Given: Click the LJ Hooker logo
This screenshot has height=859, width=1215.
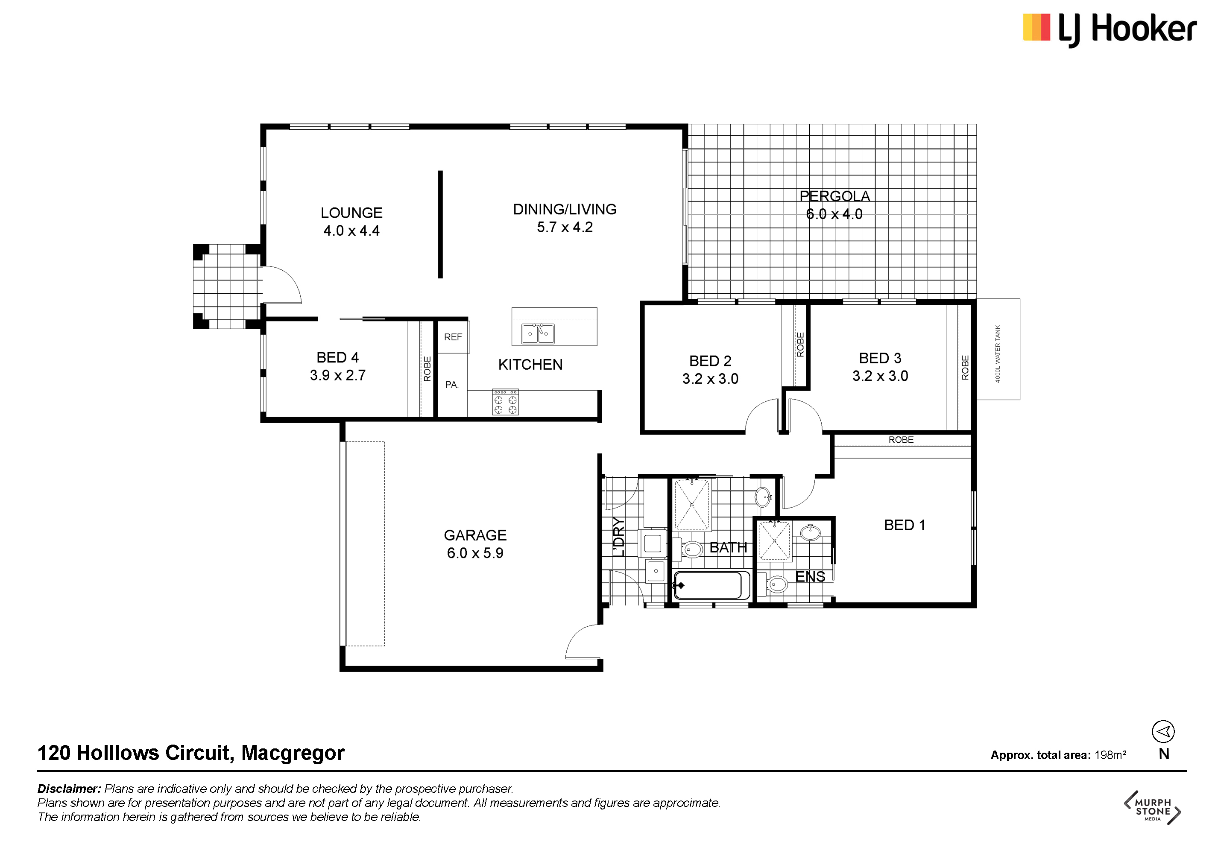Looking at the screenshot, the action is [1110, 29].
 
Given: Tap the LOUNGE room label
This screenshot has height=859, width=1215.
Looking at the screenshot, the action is [351, 213].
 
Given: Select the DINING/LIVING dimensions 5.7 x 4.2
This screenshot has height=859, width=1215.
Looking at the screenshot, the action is [565, 228].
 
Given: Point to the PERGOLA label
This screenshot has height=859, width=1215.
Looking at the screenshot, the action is [834, 196].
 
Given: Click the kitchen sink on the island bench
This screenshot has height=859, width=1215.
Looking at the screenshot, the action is [538, 334].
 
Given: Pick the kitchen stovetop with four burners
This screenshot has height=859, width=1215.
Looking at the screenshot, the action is [505, 403].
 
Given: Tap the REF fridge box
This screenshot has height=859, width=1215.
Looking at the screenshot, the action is [453, 337].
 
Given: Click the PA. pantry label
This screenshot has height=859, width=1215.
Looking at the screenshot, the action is [451, 385].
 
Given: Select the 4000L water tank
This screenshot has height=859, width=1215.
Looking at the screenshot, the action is [998, 349].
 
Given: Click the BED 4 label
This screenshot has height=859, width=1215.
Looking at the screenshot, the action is [338, 358].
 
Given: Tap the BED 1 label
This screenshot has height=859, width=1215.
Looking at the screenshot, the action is [905, 525].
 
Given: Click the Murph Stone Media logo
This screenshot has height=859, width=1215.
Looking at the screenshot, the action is [1153, 808].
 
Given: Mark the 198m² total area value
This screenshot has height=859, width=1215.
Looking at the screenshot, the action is [1110, 755].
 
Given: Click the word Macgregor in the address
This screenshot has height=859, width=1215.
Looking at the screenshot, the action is [293, 753].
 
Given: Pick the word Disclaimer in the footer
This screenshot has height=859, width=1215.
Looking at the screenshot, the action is [69, 789].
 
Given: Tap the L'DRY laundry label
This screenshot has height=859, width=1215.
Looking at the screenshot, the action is [619, 538].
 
